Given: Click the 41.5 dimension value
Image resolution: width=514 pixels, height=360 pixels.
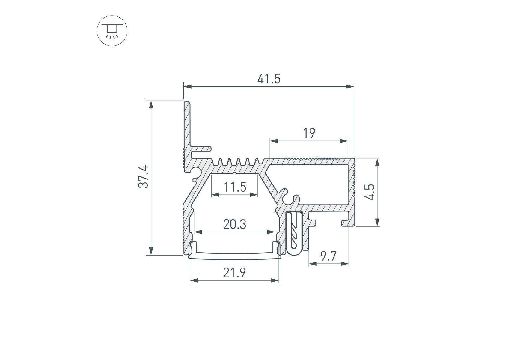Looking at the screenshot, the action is (269, 79).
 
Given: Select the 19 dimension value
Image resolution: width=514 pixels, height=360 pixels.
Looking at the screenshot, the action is (309, 133).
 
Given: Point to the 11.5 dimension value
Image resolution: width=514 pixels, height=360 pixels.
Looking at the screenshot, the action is (235, 187).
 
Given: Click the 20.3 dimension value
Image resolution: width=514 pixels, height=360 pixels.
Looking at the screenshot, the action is (235, 224).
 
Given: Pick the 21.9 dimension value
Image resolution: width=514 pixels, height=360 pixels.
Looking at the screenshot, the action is (234, 273).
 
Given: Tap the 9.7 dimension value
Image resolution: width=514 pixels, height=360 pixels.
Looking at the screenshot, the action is (328, 256).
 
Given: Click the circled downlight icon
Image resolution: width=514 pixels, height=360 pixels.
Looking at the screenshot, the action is (112, 31).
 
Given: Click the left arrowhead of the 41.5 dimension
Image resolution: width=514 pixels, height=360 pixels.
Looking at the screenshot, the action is (188, 87).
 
